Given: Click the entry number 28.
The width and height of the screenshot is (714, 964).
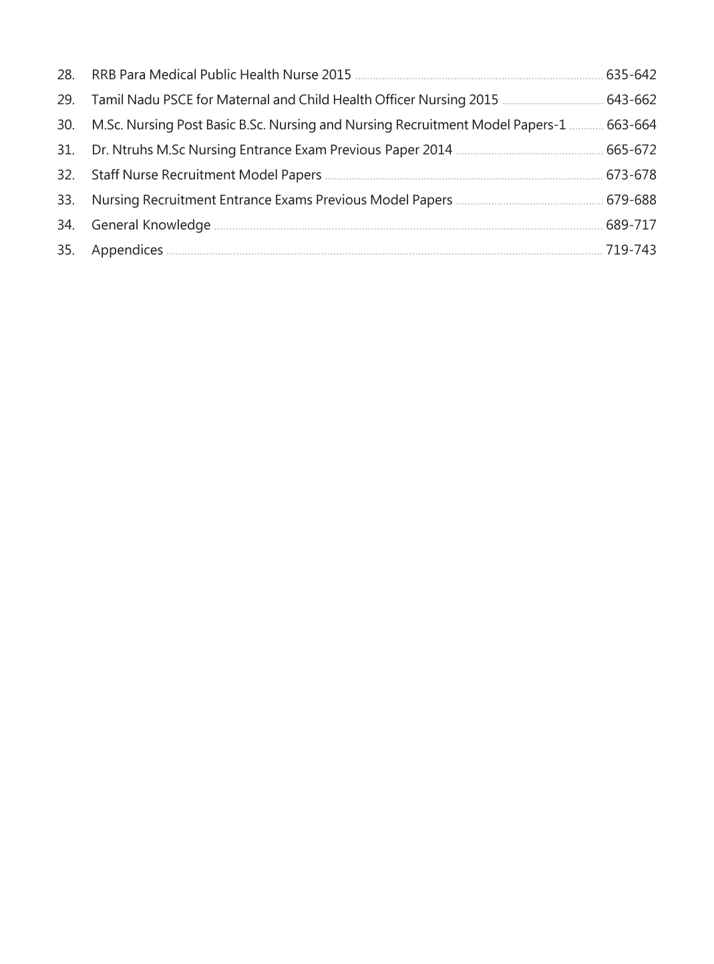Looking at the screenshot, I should tap(65, 75).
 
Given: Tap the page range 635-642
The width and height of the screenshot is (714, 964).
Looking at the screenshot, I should tap(631, 75).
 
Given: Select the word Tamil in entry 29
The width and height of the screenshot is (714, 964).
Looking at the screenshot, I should tap(107, 100).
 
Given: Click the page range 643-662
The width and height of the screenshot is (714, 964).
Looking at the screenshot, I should tap(631, 100).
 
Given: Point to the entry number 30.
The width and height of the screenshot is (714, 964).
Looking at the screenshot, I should tap(65, 125).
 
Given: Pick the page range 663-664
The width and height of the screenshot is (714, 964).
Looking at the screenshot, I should tap(631, 125).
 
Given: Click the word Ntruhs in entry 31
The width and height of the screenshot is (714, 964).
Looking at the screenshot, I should tap(132, 150).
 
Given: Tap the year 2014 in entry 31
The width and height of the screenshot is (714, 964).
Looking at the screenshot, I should tap(437, 150).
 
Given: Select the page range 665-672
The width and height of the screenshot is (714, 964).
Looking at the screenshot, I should tap(631, 150).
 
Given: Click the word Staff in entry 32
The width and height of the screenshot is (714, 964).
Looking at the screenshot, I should tap(105, 175).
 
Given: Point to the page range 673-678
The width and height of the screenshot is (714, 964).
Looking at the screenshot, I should tap(631, 175).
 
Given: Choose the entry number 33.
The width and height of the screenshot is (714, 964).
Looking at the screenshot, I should tap(65, 200).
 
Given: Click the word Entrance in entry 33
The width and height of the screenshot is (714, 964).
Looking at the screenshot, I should tap(245, 200).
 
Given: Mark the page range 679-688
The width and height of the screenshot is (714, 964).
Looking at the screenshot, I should tap(631, 200).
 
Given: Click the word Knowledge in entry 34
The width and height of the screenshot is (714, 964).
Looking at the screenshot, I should tap(176, 226).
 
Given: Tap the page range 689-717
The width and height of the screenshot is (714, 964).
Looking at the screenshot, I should tap(631, 225).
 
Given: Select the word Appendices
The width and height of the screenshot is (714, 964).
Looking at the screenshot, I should tap(127, 250).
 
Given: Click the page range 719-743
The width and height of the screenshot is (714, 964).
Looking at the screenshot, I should tap(631, 250).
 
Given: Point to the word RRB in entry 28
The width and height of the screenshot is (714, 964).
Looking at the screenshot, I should tap(104, 75).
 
